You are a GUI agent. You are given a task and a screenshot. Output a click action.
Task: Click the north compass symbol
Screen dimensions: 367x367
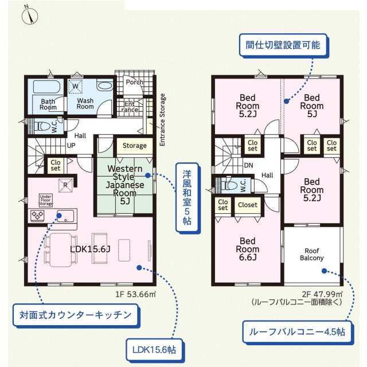click(30, 15)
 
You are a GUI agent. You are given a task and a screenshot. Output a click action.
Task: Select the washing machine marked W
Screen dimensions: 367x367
click(75, 87)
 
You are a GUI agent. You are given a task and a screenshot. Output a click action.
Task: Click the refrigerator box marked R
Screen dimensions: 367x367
click(65, 185)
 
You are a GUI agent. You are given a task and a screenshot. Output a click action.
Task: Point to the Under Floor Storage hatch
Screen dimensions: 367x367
click(46, 201)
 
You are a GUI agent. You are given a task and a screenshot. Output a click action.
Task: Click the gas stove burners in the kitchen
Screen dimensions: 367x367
click(37, 216)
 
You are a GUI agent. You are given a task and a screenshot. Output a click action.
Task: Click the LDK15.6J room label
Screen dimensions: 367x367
click(90, 249)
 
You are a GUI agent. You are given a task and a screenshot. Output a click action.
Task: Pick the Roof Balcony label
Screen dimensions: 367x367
click(312, 255)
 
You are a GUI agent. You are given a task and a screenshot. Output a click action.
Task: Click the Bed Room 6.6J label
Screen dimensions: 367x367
click(248, 249)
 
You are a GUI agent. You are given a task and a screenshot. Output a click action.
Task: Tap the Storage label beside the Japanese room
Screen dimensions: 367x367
click(135, 146)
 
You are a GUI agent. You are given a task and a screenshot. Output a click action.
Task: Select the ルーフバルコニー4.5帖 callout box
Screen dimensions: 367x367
click(297, 332)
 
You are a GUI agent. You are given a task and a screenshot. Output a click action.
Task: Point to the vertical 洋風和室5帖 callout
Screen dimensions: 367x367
click(187, 198)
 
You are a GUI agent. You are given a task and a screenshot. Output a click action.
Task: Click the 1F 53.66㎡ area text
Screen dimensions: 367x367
click(135, 294)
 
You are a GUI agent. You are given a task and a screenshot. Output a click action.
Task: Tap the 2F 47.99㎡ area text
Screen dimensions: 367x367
click(322, 294)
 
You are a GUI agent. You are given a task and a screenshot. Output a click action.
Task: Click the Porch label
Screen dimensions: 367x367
click(135, 82)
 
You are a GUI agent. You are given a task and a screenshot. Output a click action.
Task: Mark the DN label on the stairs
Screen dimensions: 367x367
click(248, 166)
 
